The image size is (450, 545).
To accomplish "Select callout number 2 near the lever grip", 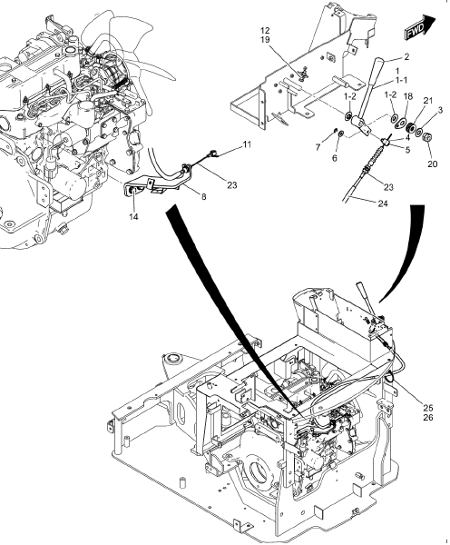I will [407, 57].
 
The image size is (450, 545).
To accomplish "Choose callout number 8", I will [201, 195].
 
